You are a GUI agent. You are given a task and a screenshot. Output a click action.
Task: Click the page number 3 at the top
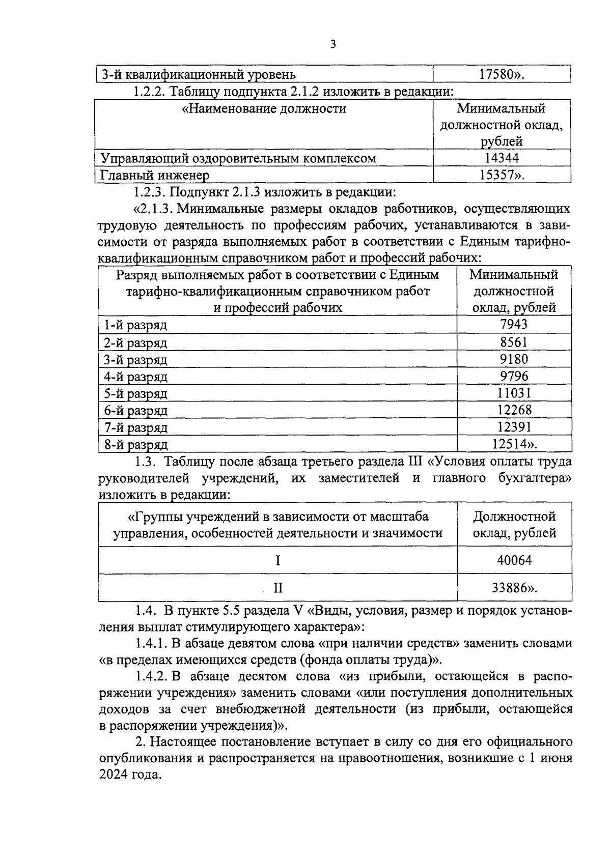[x=333, y=44]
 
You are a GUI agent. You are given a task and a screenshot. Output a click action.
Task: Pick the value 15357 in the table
[x=498, y=175]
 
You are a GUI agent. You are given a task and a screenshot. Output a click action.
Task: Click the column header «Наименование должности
[x=264, y=108]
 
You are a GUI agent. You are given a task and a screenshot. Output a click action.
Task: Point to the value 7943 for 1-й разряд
[x=514, y=324]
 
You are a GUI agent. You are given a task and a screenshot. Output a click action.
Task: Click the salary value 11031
[x=514, y=393]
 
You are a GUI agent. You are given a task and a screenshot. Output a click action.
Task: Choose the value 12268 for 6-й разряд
[x=514, y=410]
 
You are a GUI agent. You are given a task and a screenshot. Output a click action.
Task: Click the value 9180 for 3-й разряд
[x=514, y=359]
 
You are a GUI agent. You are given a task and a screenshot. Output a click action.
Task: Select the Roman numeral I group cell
[x=278, y=561]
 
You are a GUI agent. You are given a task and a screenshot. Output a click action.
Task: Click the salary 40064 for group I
[x=514, y=561]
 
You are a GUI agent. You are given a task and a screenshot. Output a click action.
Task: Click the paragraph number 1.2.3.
[x=149, y=192]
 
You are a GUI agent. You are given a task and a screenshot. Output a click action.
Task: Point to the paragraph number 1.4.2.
[x=152, y=676]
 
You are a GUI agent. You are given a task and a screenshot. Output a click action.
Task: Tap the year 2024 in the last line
[x=115, y=775]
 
